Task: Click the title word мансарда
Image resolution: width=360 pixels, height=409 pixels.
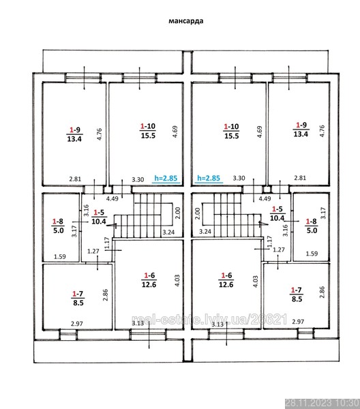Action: click(185, 20)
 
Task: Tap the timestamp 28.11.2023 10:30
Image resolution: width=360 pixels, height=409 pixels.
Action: click(322, 404)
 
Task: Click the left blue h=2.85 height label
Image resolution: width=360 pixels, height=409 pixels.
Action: click(166, 178)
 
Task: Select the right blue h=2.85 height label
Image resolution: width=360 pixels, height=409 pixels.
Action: click(209, 178)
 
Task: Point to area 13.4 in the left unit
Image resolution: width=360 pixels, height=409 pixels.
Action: click(74, 139)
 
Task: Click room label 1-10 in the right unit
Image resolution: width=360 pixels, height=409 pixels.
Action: click(231, 127)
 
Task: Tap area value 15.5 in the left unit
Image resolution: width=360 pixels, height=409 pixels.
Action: click(148, 136)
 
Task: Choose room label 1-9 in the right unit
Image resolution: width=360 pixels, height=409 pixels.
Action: click(301, 125)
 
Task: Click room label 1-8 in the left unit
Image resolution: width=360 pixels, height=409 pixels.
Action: click(58, 222)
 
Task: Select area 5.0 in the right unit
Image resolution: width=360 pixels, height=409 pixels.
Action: click(312, 230)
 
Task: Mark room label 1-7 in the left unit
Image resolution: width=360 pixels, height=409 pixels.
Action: click(78, 294)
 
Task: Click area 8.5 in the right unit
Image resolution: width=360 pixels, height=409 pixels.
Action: click(297, 299)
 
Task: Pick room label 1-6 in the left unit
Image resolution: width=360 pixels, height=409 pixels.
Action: click(149, 275)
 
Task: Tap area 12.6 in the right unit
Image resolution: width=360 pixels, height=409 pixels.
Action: click(226, 284)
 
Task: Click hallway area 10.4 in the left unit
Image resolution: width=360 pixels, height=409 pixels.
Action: click(99, 222)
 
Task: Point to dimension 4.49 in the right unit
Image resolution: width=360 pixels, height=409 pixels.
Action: click(265, 199)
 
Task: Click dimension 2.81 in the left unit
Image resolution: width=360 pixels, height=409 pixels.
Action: click(75, 179)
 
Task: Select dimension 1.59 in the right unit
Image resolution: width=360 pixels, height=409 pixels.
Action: click(312, 254)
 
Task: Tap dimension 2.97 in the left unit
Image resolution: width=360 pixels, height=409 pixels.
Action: click(77, 324)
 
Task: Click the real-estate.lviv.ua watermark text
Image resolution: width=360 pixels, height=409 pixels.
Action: click(209, 320)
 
